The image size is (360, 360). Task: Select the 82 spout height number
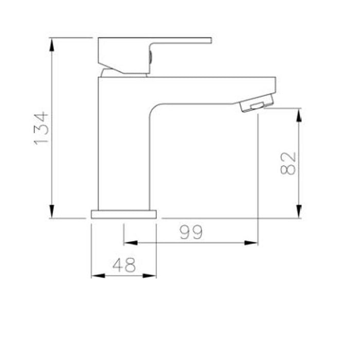[290, 163]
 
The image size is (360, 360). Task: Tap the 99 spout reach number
[191, 232]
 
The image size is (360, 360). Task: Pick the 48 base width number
[124, 265]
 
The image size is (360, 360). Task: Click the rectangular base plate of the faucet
[123, 214]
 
